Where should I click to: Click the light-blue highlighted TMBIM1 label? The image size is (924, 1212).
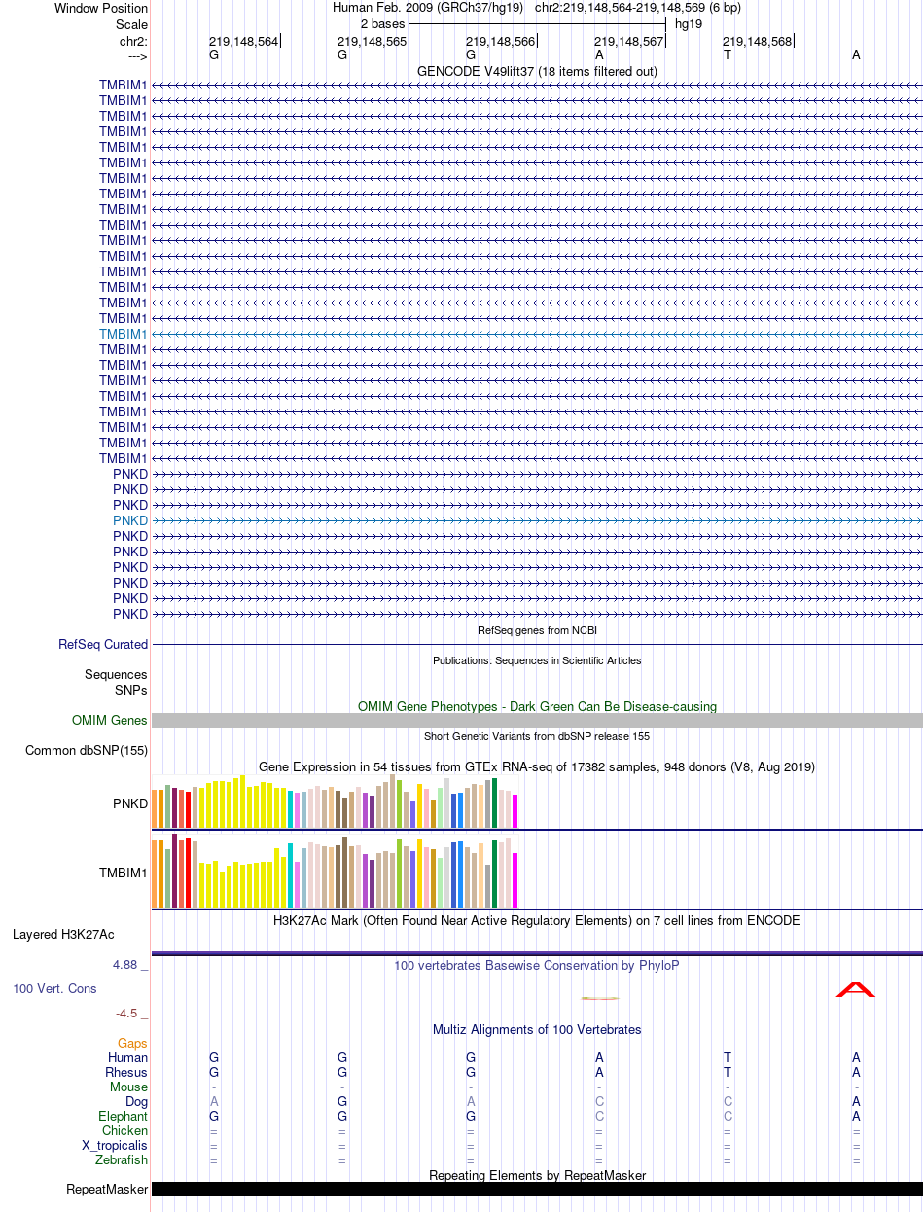[x=124, y=334]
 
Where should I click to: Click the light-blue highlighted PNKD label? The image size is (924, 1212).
[x=130, y=520]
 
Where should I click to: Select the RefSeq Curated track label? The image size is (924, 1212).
[x=103, y=644]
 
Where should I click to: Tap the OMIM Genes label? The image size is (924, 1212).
[x=109, y=720]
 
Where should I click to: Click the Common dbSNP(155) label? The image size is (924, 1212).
[x=87, y=750]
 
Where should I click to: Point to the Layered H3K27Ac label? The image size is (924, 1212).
[x=63, y=934]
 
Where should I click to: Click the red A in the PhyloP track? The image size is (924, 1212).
[x=855, y=989]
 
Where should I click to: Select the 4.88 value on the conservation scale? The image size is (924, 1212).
[x=124, y=965]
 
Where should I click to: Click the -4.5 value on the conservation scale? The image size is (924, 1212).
[x=126, y=1014]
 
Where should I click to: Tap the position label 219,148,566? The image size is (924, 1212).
[x=500, y=42]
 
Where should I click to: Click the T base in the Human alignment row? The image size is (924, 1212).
[x=727, y=1057]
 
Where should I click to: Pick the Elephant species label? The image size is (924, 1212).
[x=123, y=1116]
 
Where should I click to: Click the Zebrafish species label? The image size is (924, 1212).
[x=121, y=1159]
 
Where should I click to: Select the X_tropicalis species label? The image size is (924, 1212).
[x=115, y=1145]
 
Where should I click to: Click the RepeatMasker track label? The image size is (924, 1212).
[x=107, y=1189]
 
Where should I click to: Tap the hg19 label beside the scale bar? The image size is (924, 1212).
[x=689, y=24]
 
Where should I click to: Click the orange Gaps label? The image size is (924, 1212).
[x=132, y=1043]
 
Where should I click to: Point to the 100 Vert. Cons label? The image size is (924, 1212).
[x=54, y=988]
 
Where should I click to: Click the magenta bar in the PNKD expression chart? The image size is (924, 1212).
[x=515, y=811]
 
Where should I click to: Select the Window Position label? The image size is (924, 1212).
[x=101, y=9]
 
